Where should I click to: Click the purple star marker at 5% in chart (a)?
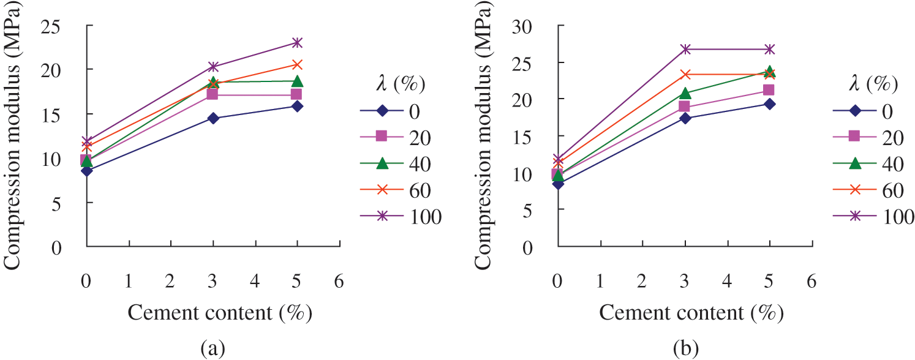[x=297, y=42]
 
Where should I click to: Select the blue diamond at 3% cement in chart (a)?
[x=213, y=118]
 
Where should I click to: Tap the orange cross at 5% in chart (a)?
[x=297, y=64]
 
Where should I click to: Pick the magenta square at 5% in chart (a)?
[x=297, y=94]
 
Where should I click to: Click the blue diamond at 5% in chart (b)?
[x=769, y=104]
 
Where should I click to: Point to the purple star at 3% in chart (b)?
[x=685, y=49]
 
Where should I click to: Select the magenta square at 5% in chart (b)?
[x=769, y=90]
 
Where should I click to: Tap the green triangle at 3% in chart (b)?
[x=685, y=93]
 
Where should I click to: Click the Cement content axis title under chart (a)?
[x=220, y=313]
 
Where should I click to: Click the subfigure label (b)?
[x=683, y=350]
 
